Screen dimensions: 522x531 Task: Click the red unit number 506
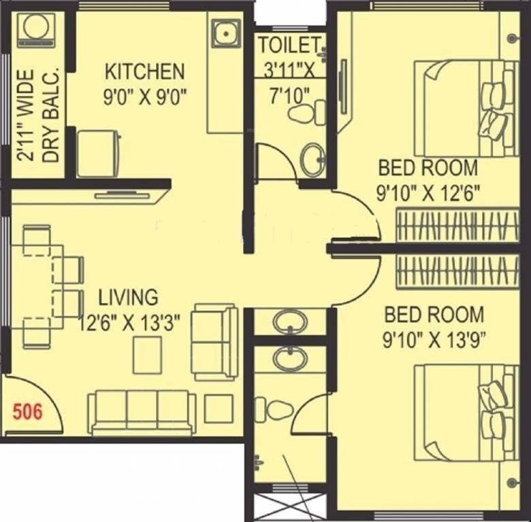pos(28,411)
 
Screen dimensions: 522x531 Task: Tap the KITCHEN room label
pos(144,71)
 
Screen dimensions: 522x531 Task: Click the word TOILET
pos(289,46)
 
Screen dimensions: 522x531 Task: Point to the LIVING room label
pos(128,297)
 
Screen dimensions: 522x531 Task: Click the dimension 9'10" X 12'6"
pos(429,193)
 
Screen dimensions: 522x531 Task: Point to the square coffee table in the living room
pos(147,355)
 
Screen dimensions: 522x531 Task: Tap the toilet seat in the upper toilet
pos(307,112)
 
